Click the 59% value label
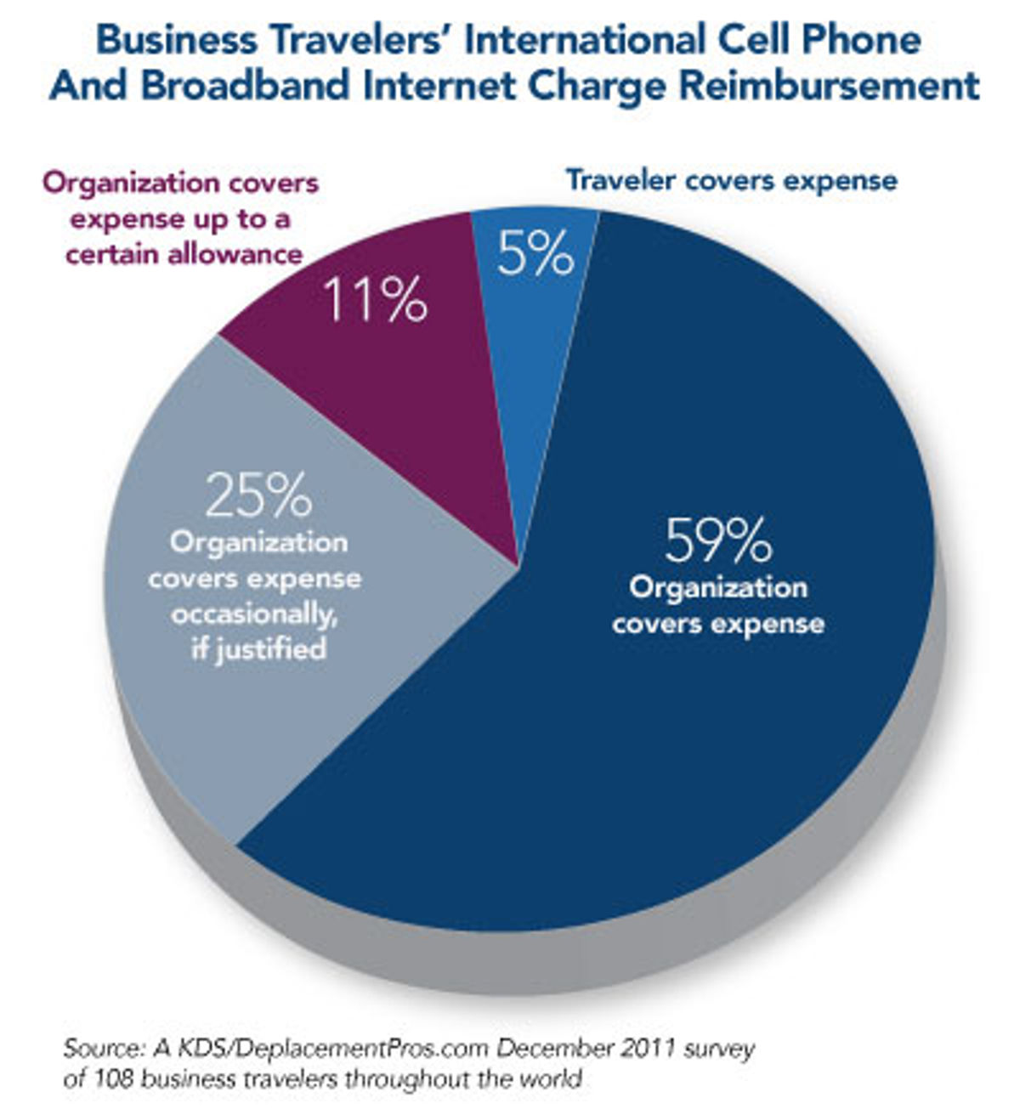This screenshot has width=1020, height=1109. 718,540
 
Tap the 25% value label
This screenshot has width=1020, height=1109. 258,497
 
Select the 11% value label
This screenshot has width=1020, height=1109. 375,300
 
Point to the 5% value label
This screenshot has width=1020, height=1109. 535,253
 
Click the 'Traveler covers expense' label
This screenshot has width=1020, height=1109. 731,180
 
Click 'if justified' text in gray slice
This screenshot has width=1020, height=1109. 258,650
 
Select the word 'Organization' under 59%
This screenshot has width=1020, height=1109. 718,587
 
